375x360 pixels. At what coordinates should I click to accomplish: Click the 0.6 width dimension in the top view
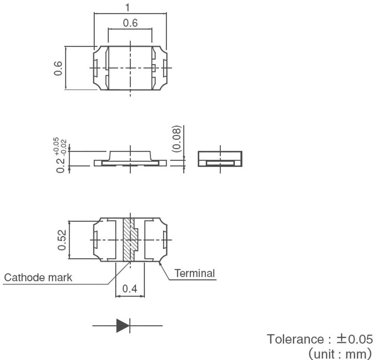pos(130,23)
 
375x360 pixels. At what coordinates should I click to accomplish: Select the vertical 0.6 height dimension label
pos(58,68)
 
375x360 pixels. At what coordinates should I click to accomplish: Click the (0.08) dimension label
pos(177,139)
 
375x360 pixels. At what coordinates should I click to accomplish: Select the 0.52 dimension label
pos(62,240)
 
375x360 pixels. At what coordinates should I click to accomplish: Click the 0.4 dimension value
pos(130,289)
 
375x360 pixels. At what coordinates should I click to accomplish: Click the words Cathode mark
pos(38,277)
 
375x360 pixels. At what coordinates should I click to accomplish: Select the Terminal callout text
pos(195,273)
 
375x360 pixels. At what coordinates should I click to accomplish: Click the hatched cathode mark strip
pos(128,239)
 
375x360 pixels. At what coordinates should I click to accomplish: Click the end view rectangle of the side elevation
pos(220,159)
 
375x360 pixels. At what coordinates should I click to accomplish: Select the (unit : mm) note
pos(339,353)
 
